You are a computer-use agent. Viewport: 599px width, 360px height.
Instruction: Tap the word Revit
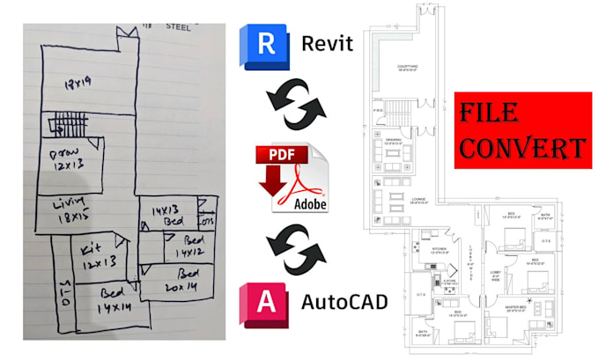[x=327, y=43]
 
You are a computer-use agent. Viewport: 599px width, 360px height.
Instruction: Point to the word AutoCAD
[x=344, y=302]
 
